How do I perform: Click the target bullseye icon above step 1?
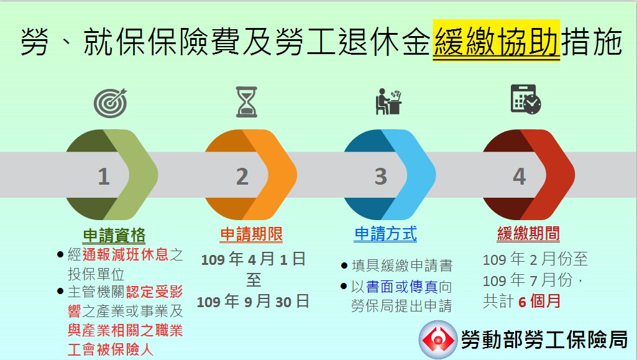coord(110,103)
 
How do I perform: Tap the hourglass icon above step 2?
coord(247,101)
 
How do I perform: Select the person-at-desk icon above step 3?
coord(388,101)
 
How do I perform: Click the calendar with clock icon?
coord(526,99)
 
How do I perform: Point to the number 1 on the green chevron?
coord(104,177)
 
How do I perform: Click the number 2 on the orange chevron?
coord(242,177)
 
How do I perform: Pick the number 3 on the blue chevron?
coord(381,177)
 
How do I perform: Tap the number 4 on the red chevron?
coord(519,177)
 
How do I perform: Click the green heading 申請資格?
coord(114,235)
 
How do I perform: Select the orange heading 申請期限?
coord(252,234)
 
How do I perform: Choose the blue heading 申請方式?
coord(385,234)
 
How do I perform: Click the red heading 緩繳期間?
coord(528,234)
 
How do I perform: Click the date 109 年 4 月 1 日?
coord(253,259)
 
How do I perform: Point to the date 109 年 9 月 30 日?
coord(253,302)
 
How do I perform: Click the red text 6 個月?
coord(539,302)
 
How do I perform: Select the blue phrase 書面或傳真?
coord(402,287)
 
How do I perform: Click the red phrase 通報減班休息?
coord(125,255)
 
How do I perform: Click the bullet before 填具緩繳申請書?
coord(344,266)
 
